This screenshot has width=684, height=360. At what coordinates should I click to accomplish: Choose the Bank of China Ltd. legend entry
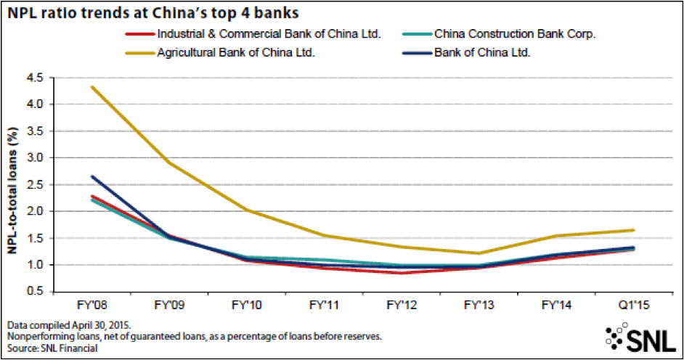(482, 53)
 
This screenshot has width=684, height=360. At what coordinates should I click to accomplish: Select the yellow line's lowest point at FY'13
(478, 253)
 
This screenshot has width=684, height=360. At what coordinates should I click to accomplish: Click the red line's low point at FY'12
(401, 273)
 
